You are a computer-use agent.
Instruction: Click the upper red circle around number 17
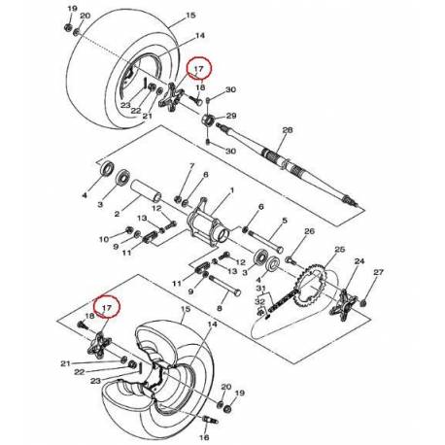click(199, 70)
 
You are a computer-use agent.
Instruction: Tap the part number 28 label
click(286, 129)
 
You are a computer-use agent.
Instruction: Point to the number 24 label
click(359, 261)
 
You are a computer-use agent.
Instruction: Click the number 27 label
click(379, 272)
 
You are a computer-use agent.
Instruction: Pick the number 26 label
click(310, 231)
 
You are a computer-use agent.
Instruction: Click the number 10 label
click(104, 238)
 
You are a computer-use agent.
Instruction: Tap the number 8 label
click(220, 308)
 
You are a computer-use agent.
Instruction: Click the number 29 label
click(230, 116)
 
